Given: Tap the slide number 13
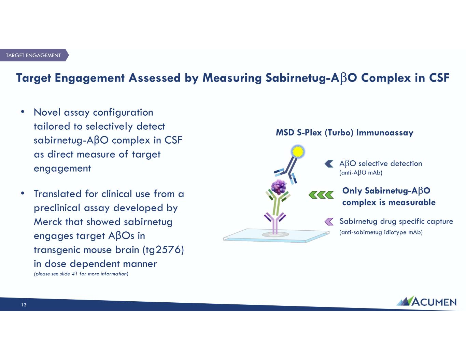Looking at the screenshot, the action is click(24, 305).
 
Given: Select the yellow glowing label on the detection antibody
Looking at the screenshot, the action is click(298, 152).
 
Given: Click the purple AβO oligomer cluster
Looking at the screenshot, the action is click(279, 187).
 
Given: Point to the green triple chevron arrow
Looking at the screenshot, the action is click(321, 195).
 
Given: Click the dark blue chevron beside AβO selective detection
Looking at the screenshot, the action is click(329, 164).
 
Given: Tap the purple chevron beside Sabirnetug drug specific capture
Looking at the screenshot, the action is click(329, 221).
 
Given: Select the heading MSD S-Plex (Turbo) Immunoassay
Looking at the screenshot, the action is click(344, 133).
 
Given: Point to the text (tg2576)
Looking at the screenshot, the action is click(164, 250).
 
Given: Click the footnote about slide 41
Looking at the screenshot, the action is click(81, 274).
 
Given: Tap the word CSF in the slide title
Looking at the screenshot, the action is click(439, 78).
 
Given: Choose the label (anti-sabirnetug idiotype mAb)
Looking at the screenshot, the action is click(381, 232).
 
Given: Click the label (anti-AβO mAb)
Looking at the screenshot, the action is click(361, 173).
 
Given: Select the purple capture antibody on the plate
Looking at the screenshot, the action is click(275, 223).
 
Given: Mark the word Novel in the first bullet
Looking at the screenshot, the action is click(47, 112).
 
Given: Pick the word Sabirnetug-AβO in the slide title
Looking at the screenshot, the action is click(311, 78).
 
